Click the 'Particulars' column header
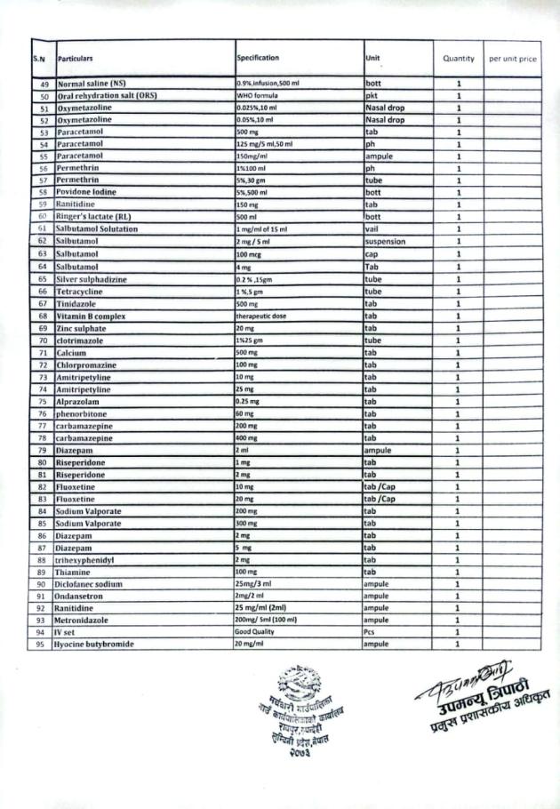coord(76,58)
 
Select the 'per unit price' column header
coord(513,59)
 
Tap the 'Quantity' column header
coord(459,59)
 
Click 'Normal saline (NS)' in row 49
coord(92,84)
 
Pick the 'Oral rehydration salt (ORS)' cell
coord(106,95)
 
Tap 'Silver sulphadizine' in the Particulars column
coord(92,279)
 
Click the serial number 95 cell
coord(41,645)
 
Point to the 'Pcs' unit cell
coord(371,632)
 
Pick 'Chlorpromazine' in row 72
coord(86,365)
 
